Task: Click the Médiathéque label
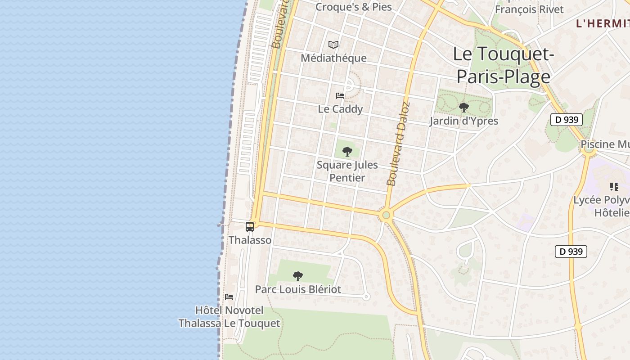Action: point(333,58)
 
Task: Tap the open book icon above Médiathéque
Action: point(333,45)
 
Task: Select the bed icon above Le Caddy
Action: point(340,95)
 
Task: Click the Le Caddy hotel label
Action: point(340,109)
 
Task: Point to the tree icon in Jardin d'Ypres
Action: point(463,108)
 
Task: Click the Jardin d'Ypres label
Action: point(463,121)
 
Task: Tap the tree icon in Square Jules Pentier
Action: point(347,151)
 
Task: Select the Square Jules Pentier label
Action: point(347,171)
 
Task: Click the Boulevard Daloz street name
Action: point(399,144)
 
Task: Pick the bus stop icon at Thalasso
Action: point(250,227)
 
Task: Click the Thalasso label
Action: point(250,240)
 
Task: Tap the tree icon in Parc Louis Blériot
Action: point(297,276)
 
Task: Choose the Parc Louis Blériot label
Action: point(298,289)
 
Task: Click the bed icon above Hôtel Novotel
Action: point(229,297)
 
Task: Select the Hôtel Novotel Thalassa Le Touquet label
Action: point(229,317)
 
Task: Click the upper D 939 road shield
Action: point(567,119)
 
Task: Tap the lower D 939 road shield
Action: point(571,251)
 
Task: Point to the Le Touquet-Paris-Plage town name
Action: point(503,65)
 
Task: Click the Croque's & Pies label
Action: point(354,7)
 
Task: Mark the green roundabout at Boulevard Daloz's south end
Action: point(386,215)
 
